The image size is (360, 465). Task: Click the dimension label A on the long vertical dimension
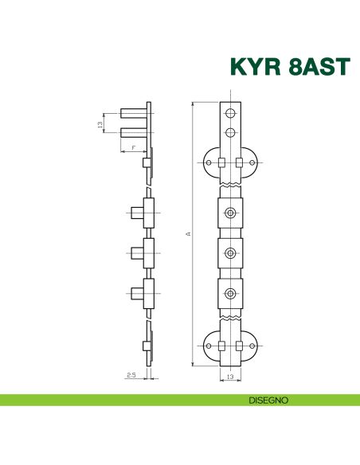pyautogui.click(x=188, y=234)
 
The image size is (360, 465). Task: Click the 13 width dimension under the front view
pyautogui.click(x=230, y=375)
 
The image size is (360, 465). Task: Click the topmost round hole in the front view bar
pyautogui.click(x=230, y=113)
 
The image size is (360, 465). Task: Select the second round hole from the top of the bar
pyautogui.click(x=230, y=132)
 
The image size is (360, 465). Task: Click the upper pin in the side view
pyautogui.click(x=132, y=112)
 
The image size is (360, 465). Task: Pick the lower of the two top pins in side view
pyautogui.click(x=132, y=133)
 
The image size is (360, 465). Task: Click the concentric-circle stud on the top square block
pyautogui.click(x=230, y=213)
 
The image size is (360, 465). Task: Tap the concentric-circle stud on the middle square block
pyautogui.click(x=230, y=253)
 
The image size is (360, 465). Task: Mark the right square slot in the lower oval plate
pyautogui.click(x=240, y=346)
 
